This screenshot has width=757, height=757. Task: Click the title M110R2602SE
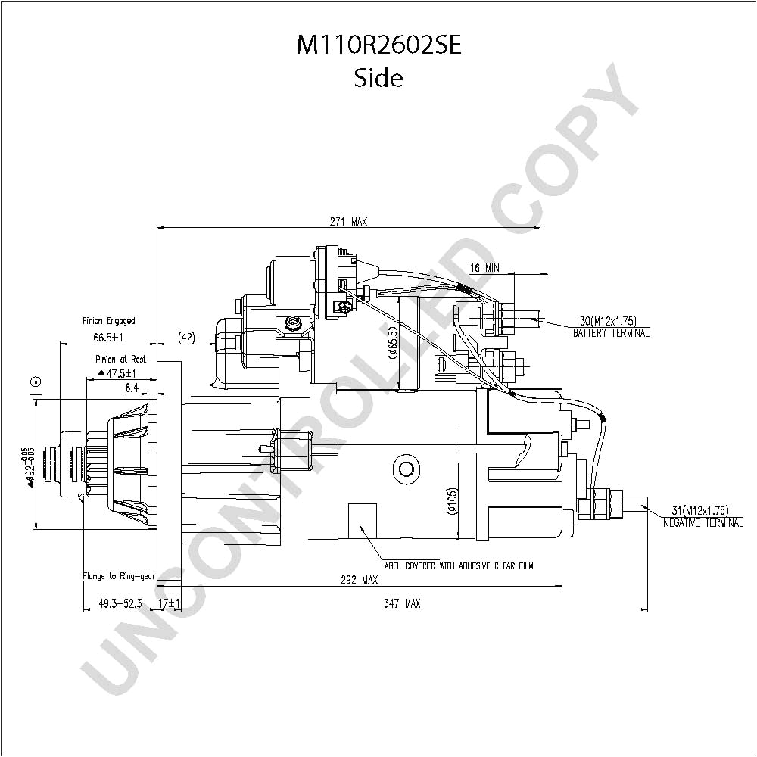point(378,46)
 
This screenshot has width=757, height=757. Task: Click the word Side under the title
point(378,77)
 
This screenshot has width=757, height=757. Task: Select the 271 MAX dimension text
point(347,222)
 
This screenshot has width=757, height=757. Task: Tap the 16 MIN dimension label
point(484,268)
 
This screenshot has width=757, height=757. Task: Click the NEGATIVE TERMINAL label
point(702,522)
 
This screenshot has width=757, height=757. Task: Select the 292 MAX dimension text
point(360,580)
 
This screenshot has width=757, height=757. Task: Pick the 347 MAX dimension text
point(402,603)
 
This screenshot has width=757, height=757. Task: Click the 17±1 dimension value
point(168,603)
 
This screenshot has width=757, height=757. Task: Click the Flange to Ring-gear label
point(119,576)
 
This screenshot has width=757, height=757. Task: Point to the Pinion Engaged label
point(109,321)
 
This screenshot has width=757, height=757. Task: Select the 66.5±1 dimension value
point(108,337)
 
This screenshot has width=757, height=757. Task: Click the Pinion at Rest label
point(120,359)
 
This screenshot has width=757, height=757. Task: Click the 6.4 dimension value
point(132,388)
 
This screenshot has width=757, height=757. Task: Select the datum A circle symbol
point(35,382)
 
